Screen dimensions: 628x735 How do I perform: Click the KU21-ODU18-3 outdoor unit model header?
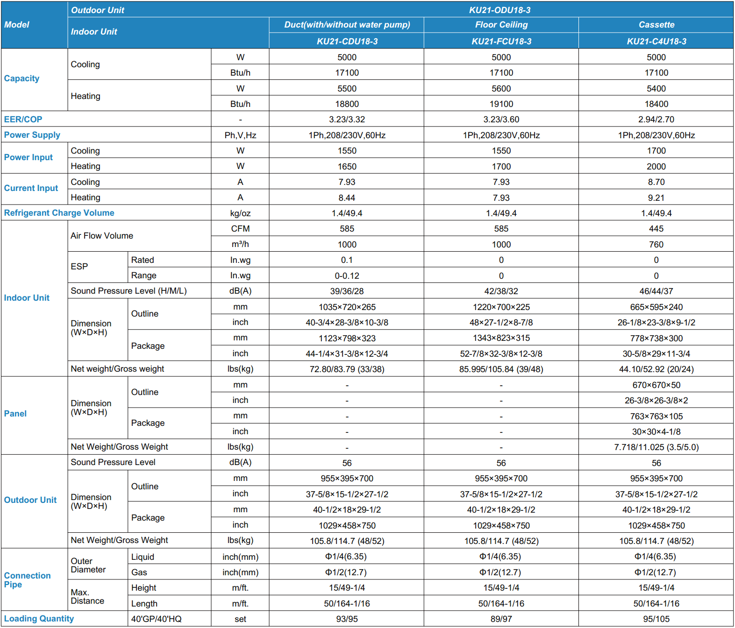pos(500,10)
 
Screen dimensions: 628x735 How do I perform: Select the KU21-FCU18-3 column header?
pos(501,41)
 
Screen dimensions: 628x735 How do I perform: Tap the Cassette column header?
pos(656,25)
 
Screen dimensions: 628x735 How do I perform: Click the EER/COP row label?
pos(23,119)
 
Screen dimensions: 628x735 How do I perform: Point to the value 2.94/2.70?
pos(656,119)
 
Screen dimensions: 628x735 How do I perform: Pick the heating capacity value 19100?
pos(501,104)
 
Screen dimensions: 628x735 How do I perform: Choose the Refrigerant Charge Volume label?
pos(59,213)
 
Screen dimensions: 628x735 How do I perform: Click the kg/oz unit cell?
pos(240,213)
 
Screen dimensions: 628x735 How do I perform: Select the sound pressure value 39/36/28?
pos(347,291)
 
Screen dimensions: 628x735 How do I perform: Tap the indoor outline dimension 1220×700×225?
pos(501,307)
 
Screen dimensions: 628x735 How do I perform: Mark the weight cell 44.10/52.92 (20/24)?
pos(656,369)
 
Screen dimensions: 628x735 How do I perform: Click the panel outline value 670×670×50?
pos(656,385)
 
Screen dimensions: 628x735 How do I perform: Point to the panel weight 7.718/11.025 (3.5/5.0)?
pos(656,447)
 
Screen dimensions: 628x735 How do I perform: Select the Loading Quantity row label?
pos(39,619)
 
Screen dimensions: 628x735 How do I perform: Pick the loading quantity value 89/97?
pos(501,619)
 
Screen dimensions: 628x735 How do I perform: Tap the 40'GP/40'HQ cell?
pos(156,619)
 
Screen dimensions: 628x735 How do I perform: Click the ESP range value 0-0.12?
pos(347,275)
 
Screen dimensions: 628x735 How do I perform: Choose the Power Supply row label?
pos(32,135)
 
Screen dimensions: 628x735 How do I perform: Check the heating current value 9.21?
pos(656,198)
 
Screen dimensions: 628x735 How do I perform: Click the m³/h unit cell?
pos(240,244)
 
